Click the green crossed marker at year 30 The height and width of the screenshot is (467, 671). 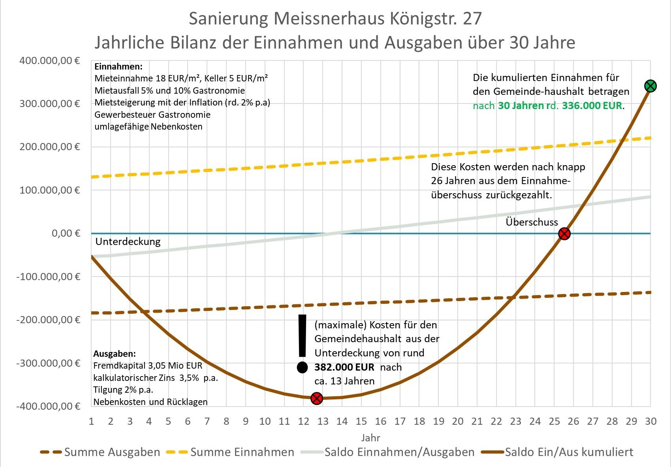(650, 86)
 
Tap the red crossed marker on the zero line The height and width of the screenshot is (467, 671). (564, 233)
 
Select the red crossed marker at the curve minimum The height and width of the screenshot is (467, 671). (317, 398)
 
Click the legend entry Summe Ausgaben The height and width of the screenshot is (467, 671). (101, 452)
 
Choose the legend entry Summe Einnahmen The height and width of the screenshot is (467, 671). (231, 452)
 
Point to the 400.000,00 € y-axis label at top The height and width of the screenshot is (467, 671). (49, 61)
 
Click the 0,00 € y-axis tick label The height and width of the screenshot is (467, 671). (66, 233)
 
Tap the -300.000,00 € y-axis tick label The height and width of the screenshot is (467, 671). (48, 363)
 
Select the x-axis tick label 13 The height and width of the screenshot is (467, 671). (323, 422)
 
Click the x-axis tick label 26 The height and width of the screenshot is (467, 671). (573, 422)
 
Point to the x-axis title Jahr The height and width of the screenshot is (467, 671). (370, 438)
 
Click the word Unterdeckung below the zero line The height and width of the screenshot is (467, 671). (128, 242)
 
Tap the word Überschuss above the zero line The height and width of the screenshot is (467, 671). (532, 222)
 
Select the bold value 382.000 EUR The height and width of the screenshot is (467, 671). (344, 367)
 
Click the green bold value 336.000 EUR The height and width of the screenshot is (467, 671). (592, 106)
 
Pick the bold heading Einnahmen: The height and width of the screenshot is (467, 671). (118, 66)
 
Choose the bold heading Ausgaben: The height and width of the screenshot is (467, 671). (115, 354)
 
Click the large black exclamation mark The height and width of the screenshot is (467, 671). (303, 343)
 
